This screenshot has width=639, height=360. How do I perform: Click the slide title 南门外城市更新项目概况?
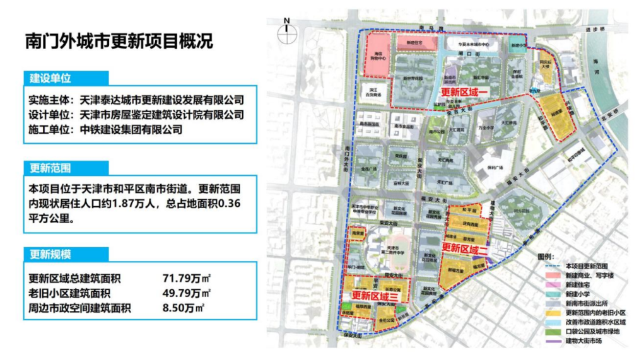[x=119, y=42]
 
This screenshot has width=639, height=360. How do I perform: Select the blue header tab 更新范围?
[x=50, y=168]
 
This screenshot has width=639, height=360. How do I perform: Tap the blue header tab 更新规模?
[x=50, y=255]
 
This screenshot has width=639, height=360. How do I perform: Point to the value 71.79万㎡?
[x=187, y=279]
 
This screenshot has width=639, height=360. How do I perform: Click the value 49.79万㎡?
[x=187, y=293]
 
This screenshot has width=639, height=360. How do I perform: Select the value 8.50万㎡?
[x=185, y=308]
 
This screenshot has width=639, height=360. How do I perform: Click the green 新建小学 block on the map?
[x=517, y=47]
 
